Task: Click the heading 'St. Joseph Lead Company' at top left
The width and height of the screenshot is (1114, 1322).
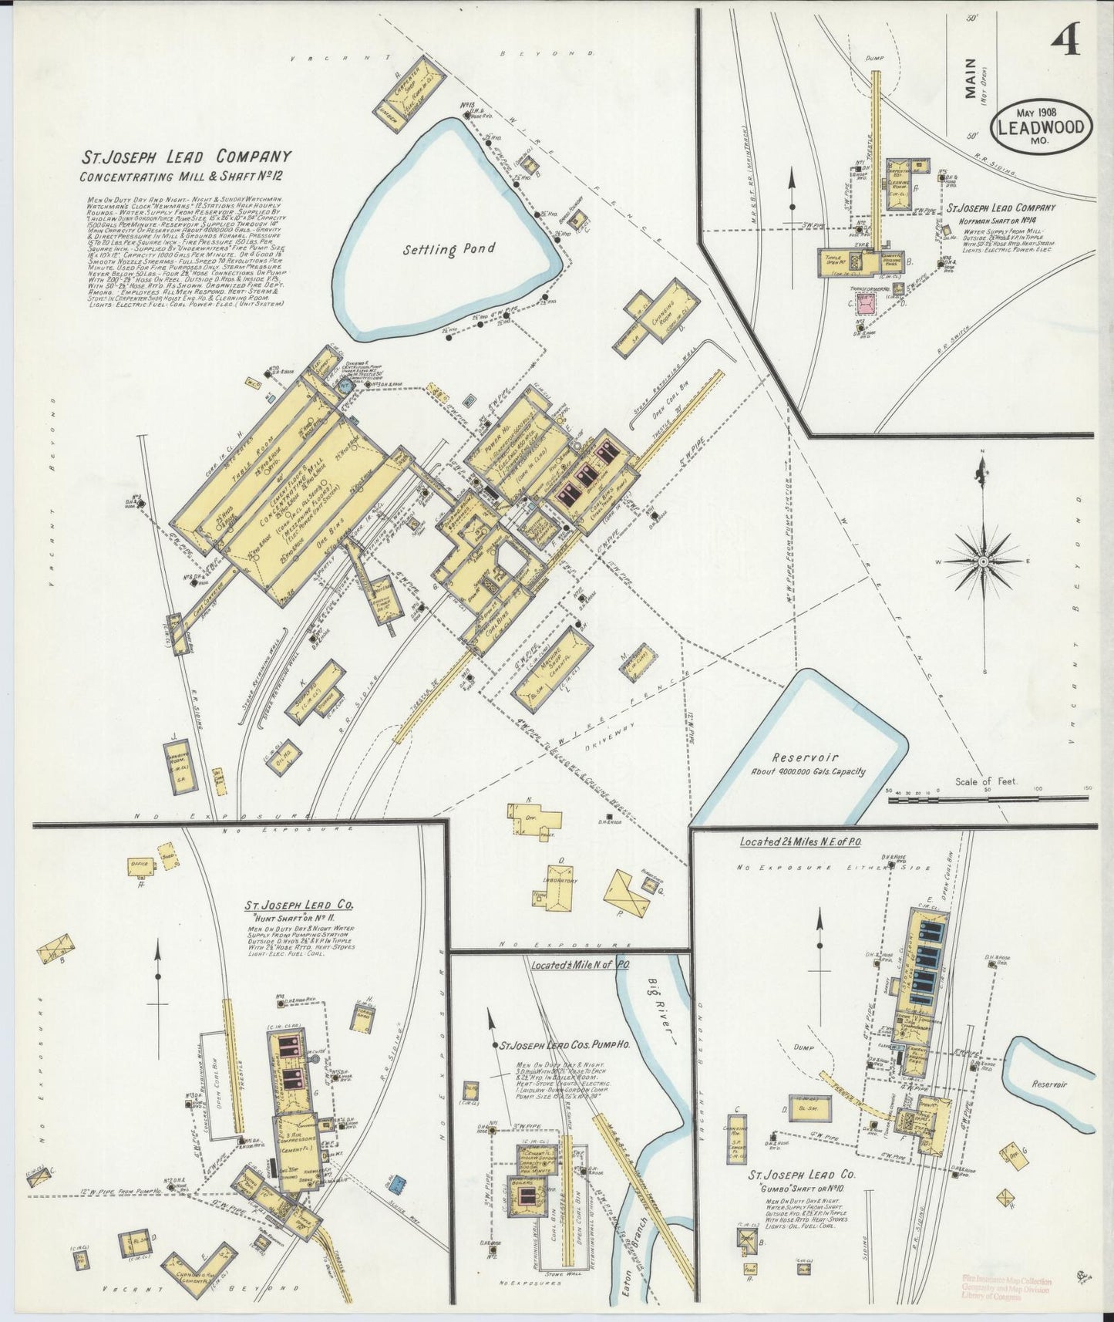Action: click(187, 157)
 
